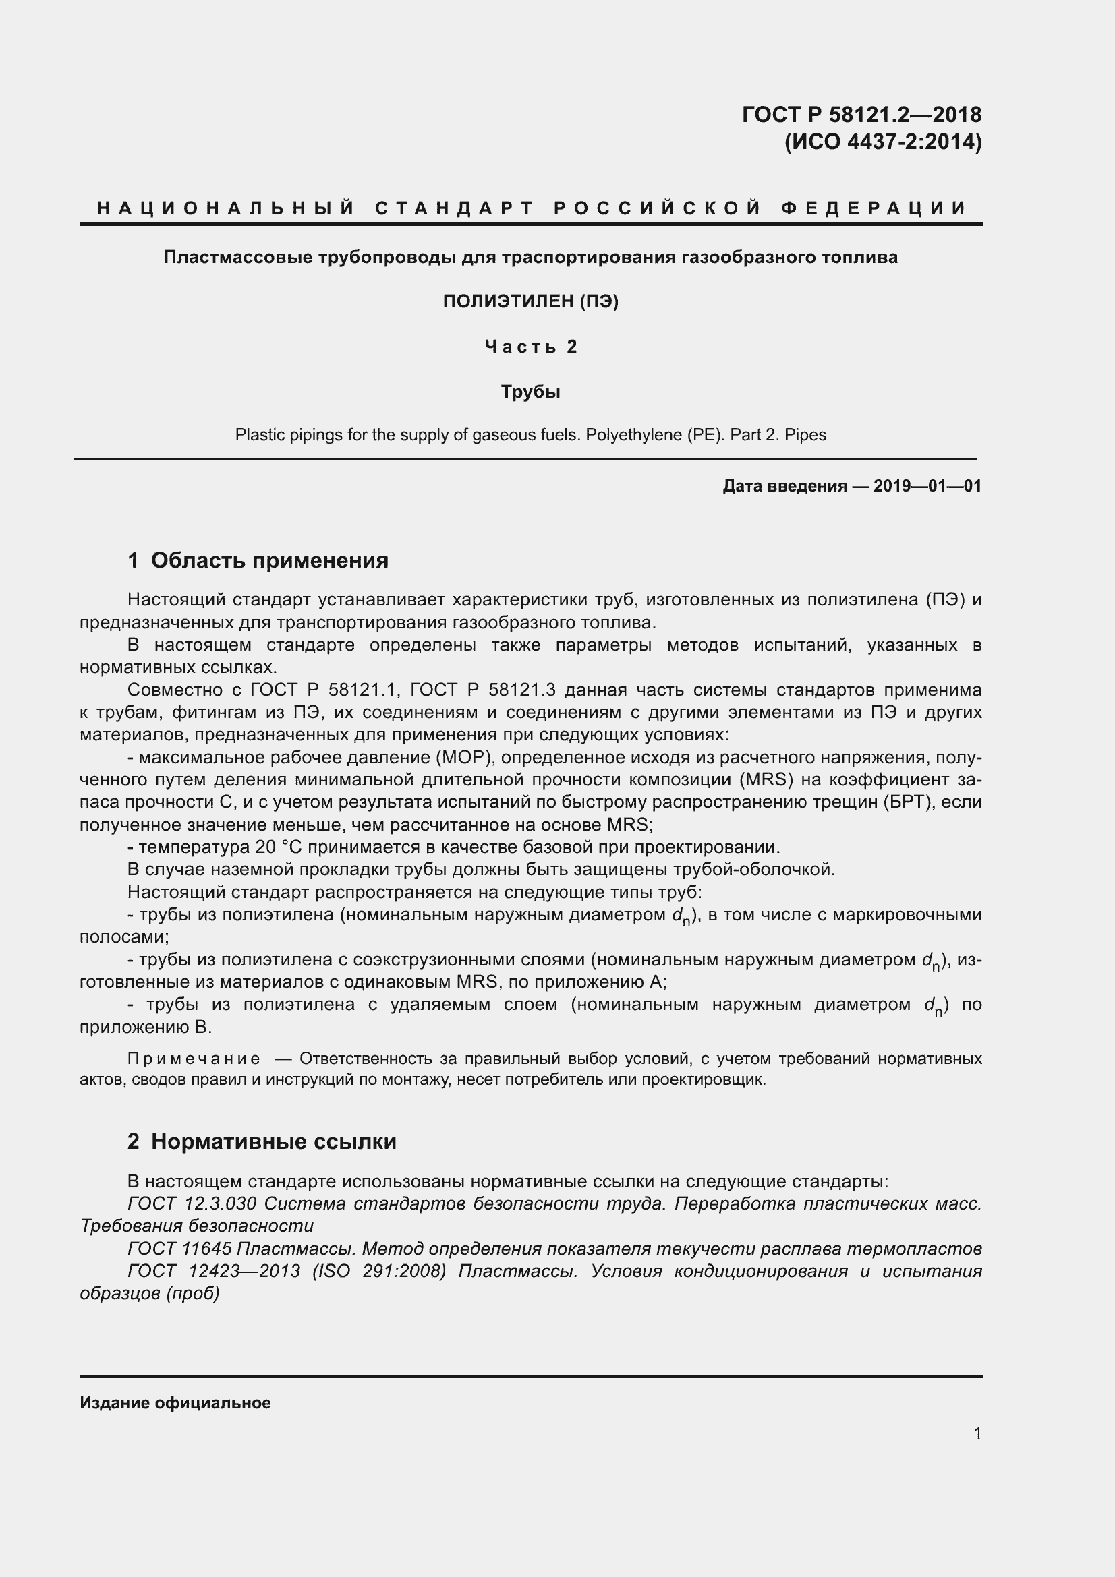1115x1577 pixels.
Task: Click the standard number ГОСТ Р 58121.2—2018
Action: point(861,114)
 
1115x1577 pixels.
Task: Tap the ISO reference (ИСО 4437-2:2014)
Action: point(883,142)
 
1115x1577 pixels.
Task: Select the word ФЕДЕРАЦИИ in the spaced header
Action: point(874,208)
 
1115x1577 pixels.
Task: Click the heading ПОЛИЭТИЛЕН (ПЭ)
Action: point(530,301)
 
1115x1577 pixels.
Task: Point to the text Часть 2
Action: point(530,347)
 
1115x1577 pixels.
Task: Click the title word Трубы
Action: point(530,392)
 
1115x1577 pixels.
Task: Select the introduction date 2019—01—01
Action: point(927,486)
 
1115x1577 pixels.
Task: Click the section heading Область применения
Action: point(269,560)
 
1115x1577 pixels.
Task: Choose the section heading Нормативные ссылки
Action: point(273,1141)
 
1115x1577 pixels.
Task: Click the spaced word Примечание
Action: point(194,1059)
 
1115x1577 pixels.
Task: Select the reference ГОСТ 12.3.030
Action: point(192,1203)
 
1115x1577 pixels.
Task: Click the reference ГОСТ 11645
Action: point(179,1248)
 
